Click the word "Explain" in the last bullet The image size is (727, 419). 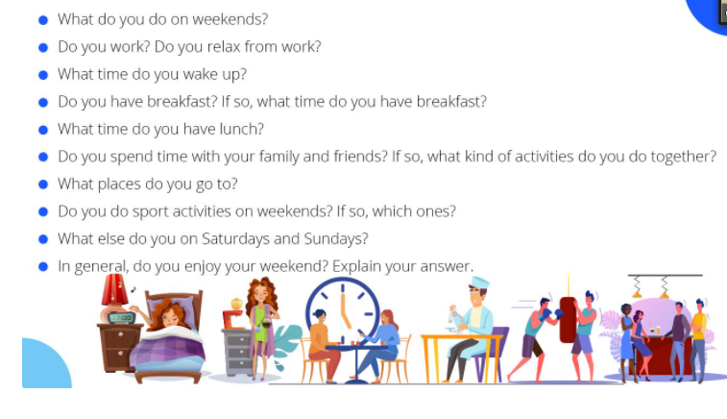click(x=356, y=266)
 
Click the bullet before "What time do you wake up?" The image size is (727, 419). click(x=43, y=75)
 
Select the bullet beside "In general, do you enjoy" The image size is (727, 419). click(x=43, y=267)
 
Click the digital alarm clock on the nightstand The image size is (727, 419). click(x=121, y=318)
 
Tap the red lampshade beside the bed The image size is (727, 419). click(x=113, y=289)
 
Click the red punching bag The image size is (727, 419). click(x=568, y=320)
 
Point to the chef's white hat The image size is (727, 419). click(x=479, y=282)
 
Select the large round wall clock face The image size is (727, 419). click(x=343, y=309)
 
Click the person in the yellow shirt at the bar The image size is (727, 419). click(x=698, y=339)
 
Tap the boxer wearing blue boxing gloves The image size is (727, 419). click(x=536, y=338)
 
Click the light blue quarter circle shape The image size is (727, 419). click(x=45, y=364)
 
